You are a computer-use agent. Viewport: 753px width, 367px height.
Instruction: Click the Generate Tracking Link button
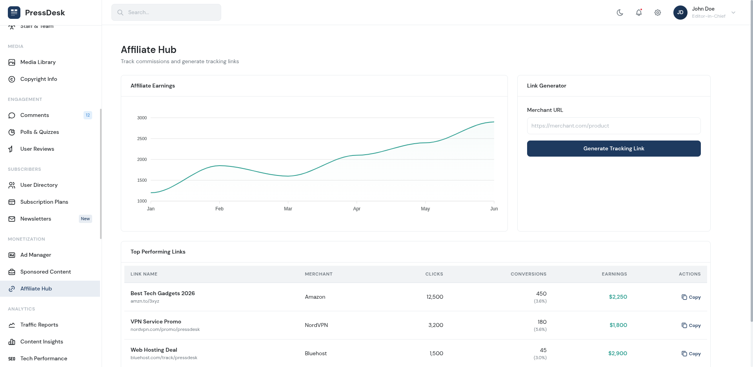tap(614, 148)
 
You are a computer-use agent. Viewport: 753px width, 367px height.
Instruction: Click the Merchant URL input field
tap(614, 126)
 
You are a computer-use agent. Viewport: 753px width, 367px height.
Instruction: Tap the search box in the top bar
tap(166, 12)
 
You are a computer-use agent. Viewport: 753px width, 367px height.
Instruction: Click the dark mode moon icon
tap(620, 13)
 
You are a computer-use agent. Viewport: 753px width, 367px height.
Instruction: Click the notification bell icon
tap(639, 13)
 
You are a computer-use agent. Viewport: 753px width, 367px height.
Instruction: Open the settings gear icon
tap(658, 13)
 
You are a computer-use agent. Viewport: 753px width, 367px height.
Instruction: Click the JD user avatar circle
tap(680, 13)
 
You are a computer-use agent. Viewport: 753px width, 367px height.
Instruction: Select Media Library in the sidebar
tap(38, 62)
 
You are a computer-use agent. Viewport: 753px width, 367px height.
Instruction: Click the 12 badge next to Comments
tap(88, 115)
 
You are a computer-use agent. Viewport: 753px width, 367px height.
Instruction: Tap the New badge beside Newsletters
tap(85, 219)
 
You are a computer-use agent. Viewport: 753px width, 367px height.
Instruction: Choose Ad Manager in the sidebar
tap(36, 255)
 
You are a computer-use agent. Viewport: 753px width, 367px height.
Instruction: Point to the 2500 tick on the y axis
tap(142, 139)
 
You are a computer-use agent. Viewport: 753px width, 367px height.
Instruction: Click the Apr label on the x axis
tap(356, 209)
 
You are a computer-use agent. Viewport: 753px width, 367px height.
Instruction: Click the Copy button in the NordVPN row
tap(691, 325)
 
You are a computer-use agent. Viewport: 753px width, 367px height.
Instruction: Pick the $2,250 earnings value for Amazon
tap(618, 297)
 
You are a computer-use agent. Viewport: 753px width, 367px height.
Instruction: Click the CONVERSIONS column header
tap(528, 274)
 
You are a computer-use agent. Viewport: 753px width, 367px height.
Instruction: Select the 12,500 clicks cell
tap(435, 297)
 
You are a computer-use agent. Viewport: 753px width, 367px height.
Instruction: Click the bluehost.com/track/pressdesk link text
tap(164, 358)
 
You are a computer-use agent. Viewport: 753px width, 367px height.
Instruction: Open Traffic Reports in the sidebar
tap(39, 325)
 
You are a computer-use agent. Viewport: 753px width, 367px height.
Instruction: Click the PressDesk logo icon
tap(14, 13)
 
